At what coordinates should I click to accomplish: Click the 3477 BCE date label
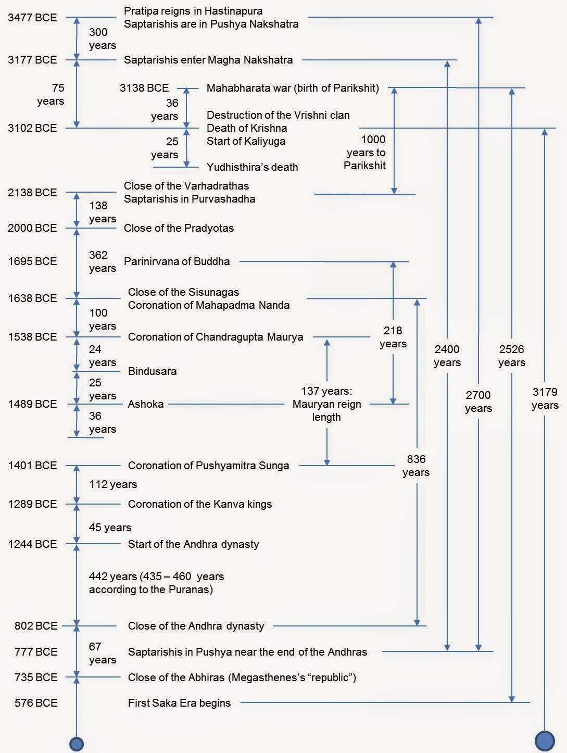[32, 18]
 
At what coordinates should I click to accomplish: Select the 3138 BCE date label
[144, 88]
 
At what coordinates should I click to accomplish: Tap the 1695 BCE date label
[32, 261]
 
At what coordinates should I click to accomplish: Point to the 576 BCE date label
[36, 703]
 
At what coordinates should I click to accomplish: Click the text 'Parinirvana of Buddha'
[177, 261]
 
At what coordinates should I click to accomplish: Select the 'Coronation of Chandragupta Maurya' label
[216, 337]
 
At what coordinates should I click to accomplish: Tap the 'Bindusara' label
[152, 371]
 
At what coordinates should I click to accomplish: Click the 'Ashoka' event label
[146, 404]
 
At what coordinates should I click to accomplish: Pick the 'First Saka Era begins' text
[179, 703]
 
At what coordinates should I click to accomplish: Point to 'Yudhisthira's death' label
[252, 167]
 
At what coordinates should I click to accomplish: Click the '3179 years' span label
[545, 398]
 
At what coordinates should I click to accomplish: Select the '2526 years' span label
[511, 356]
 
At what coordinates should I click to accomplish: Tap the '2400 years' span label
[447, 356]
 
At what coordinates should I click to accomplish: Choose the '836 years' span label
[416, 466]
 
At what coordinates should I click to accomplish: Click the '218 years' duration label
[393, 337]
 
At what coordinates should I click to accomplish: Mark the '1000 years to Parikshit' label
[366, 153]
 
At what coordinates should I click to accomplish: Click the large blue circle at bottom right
[545, 741]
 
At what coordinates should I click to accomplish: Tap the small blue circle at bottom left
[77, 744]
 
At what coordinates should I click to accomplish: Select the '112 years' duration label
[113, 484]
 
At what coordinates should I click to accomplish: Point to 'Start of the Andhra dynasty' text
[193, 544]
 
